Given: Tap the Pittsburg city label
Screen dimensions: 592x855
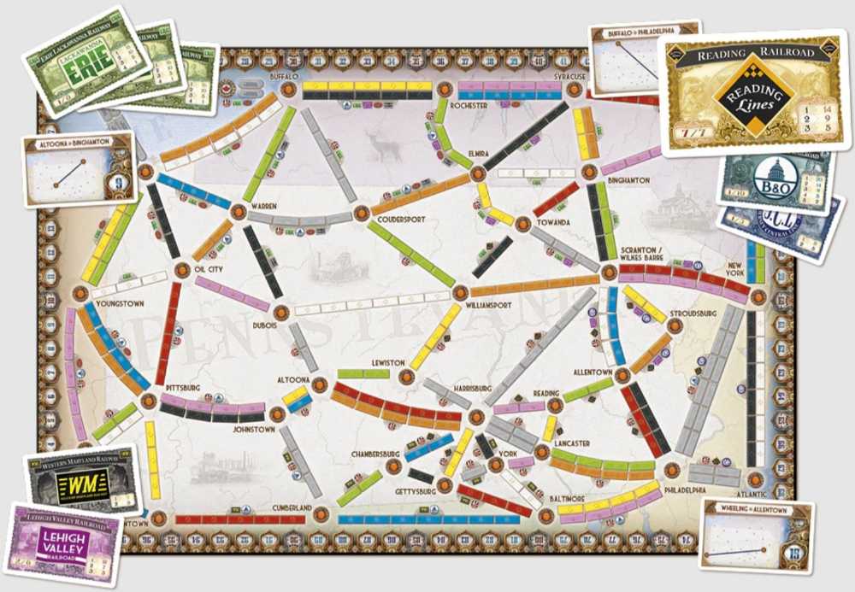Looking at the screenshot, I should (184, 388).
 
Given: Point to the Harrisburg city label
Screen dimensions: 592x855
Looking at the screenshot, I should (471, 388).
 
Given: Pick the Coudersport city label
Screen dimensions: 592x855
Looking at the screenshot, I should (400, 220).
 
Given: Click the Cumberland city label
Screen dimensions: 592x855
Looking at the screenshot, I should (292, 508).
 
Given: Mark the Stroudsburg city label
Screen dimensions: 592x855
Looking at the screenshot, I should (693, 314).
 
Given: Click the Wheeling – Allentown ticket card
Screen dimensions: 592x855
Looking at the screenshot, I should (756, 535).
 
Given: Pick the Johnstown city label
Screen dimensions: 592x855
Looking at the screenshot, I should (253, 430).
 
